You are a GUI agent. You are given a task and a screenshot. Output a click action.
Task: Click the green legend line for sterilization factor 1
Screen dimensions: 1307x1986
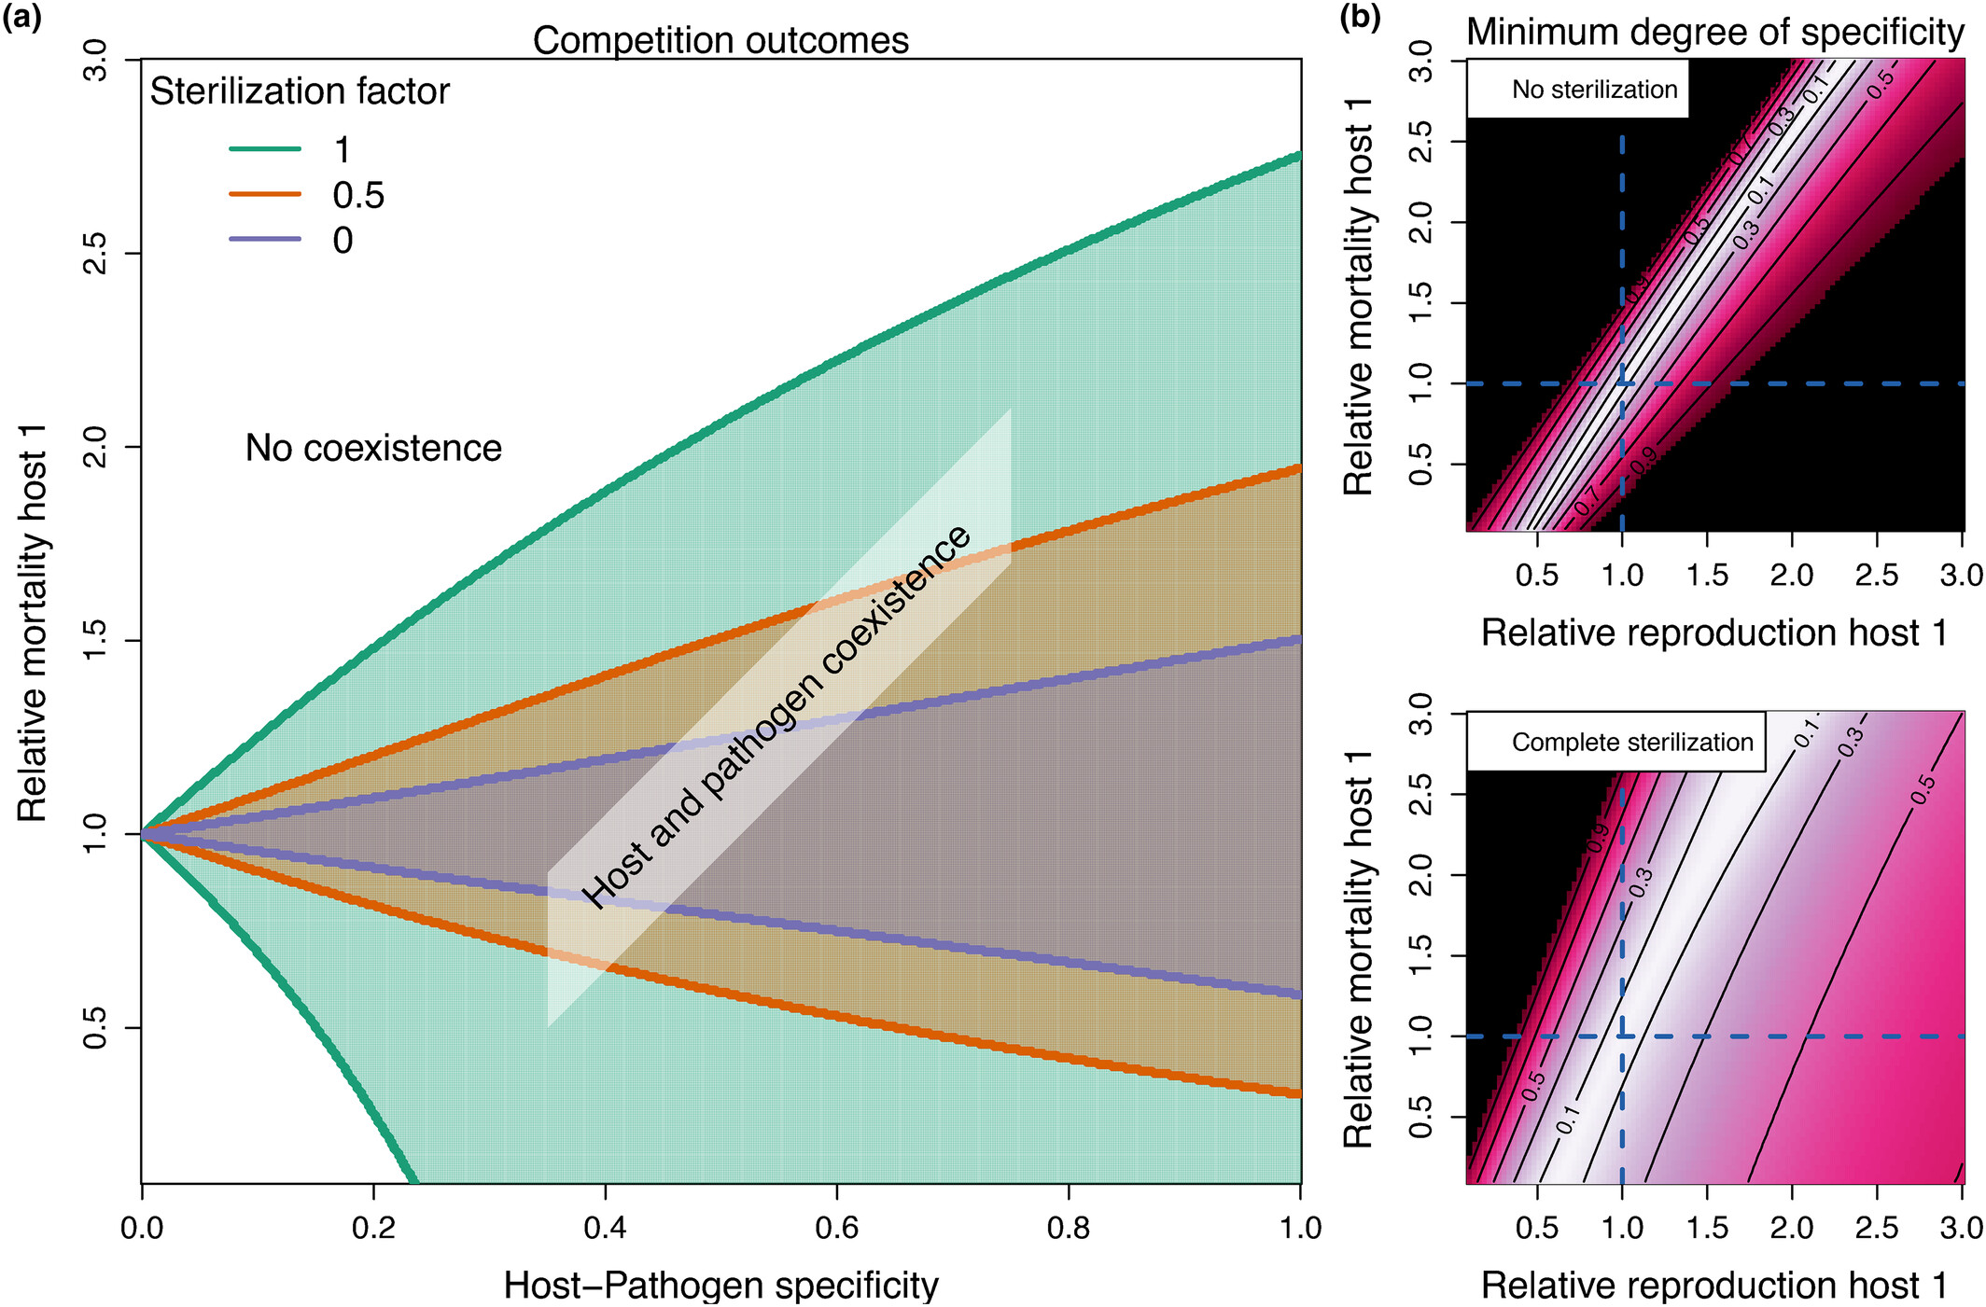[x=265, y=149]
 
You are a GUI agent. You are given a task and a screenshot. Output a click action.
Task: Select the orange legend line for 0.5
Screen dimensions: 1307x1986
[x=265, y=194]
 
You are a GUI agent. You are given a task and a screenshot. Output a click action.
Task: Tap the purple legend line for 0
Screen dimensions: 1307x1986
[x=265, y=240]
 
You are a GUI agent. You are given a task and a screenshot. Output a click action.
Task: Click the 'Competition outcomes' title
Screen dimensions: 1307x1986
[x=720, y=40]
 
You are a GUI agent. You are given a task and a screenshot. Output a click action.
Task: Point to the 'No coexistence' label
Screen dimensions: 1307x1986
[x=373, y=449]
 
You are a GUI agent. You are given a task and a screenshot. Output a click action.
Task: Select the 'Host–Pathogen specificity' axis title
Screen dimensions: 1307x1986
[x=720, y=1285]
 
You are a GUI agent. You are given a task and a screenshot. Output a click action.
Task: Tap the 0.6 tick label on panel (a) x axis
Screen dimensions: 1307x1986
[x=836, y=1228]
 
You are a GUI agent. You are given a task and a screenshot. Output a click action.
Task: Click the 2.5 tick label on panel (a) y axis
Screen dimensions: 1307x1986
[x=94, y=253]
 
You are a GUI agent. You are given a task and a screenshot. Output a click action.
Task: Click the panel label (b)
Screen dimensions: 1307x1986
[x=1360, y=18]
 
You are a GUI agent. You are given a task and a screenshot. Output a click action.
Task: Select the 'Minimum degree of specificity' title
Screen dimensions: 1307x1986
[x=1715, y=32]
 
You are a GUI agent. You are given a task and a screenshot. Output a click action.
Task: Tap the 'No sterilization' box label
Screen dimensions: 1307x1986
[x=1594, y=90]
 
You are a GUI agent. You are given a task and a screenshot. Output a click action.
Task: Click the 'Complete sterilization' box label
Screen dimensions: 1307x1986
[x=1632, y=743]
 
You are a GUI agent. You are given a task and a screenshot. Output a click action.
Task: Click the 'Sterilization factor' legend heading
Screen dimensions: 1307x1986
[x=300, y=91]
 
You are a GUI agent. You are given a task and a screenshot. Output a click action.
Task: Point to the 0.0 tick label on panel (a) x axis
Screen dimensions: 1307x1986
[x=142, y=1228]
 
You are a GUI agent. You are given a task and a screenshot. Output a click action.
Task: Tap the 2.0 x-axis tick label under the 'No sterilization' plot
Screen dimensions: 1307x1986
[x=1792, y=575]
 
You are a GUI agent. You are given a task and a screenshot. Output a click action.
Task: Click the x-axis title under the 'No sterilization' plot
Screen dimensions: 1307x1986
[x=1715, y=633]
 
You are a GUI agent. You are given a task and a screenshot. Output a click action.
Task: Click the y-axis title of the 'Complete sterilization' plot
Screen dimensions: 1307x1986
[x=1359, y=949]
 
